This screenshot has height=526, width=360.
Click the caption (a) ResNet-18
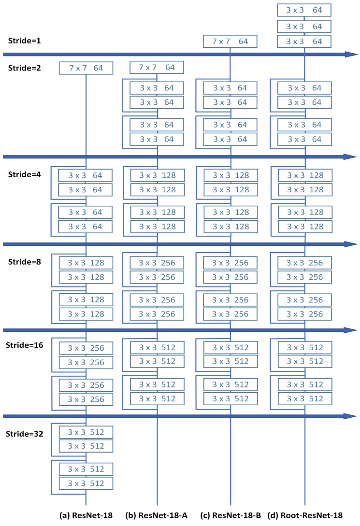[x=86, y=515]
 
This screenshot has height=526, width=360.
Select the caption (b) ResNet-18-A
[x=157, y=515]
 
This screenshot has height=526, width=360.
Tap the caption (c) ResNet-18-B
[x=230, y=515]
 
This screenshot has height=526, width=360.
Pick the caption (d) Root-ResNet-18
[x=305, y=515]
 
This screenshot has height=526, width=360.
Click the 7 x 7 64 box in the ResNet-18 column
[x=86, y=68]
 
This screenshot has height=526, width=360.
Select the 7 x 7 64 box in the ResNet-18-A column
[x=157, y=68]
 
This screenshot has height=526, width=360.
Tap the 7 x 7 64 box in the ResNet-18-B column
[x=230, y=42]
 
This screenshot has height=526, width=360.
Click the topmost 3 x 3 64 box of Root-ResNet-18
[x=304, y=10]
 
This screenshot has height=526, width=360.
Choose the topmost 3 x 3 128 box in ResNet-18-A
[x=157, y=175]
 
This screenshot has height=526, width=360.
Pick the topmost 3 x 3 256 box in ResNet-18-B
[x=230, y=263]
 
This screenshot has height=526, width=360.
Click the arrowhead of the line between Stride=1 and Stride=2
[x=350, y=54]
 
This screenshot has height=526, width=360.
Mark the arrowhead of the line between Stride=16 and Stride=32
[x=350, y=416]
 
